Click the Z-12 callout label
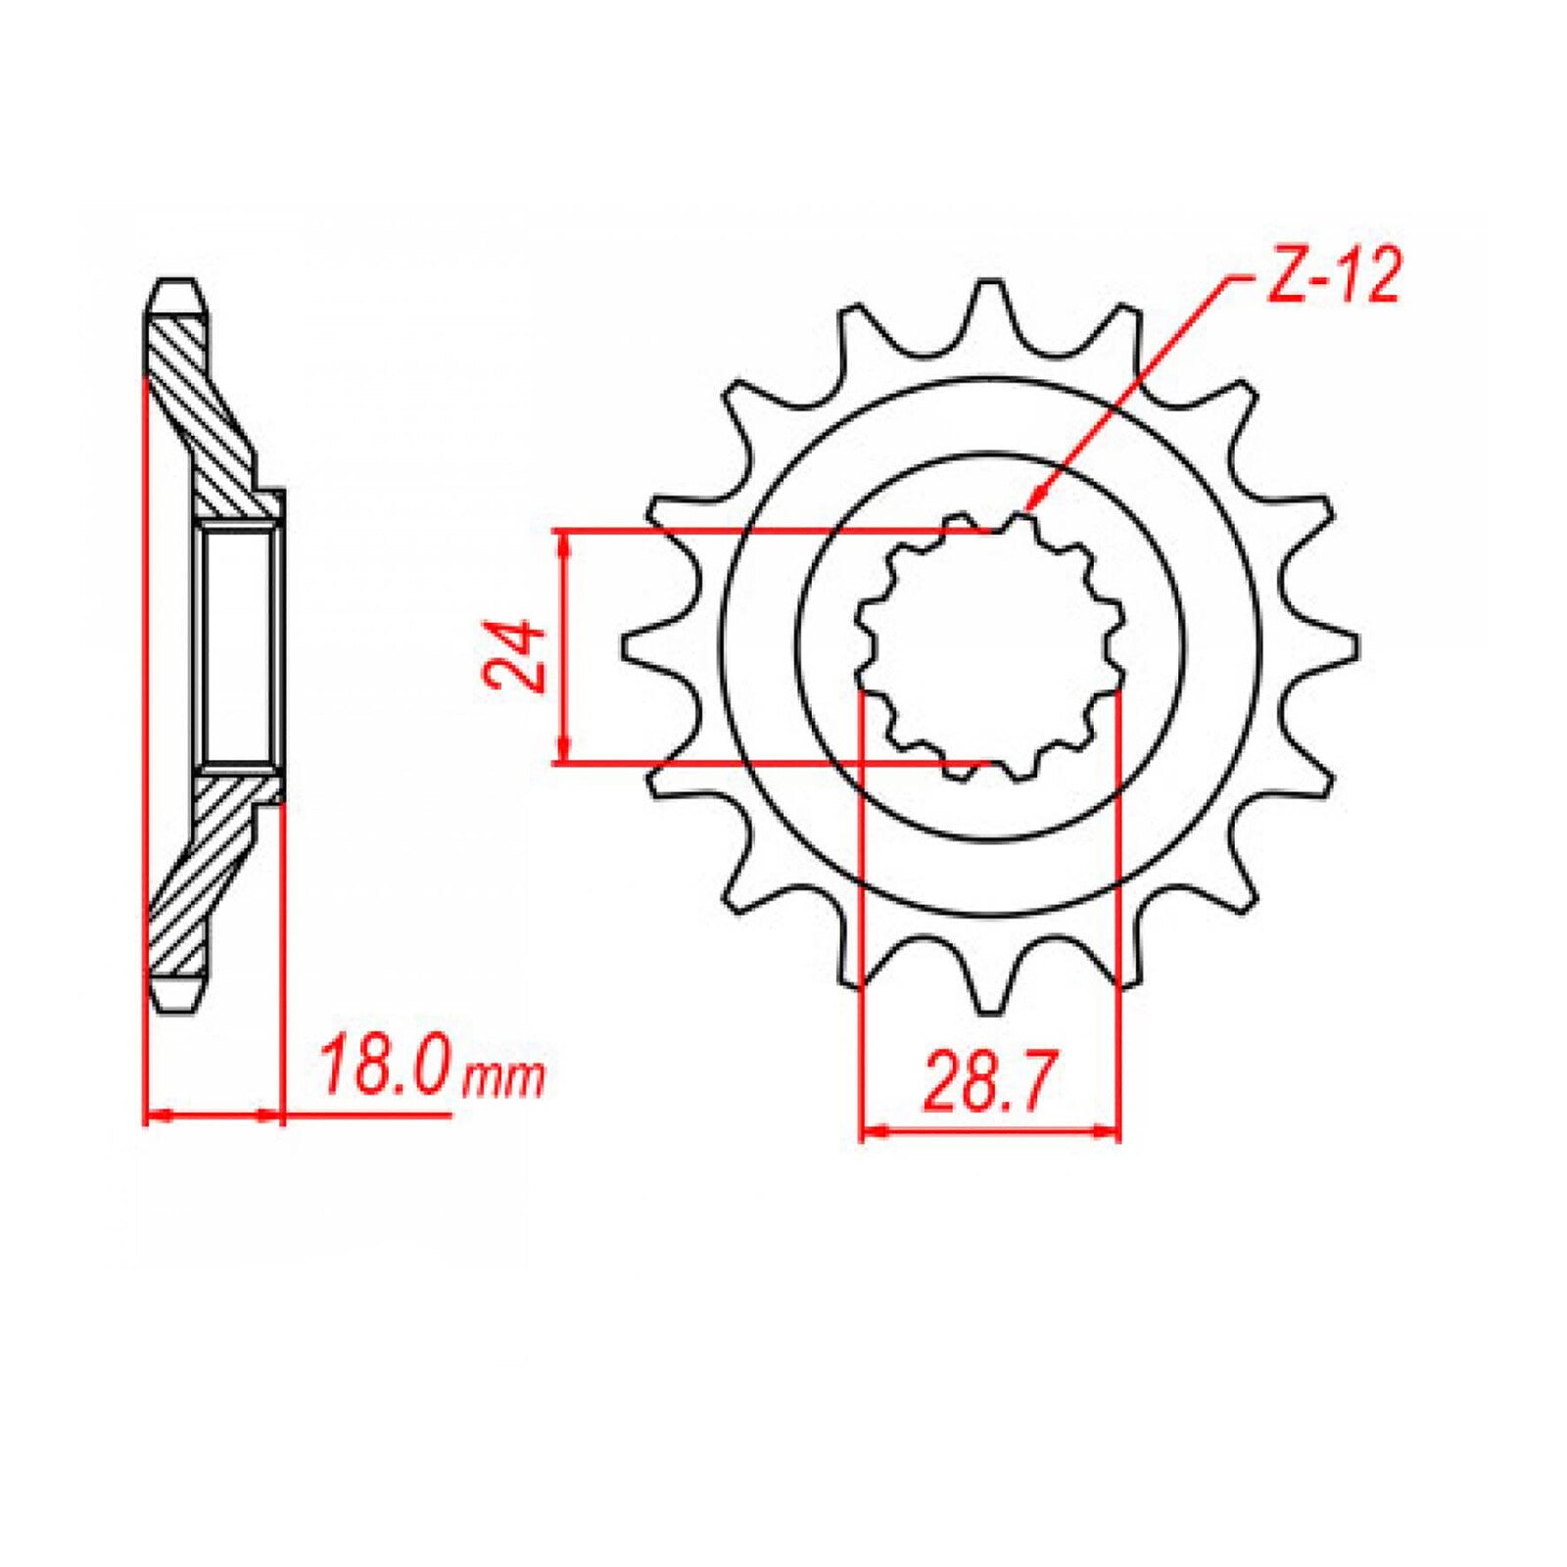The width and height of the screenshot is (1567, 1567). [1334, 276]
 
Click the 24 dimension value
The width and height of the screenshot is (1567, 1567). [515, 655]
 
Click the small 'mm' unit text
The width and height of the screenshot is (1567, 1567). [501, 1077]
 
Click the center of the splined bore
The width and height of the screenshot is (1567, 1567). [990, 646]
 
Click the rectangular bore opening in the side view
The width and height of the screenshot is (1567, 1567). [238, 646]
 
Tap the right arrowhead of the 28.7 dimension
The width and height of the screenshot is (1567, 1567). [1109, 1132]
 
